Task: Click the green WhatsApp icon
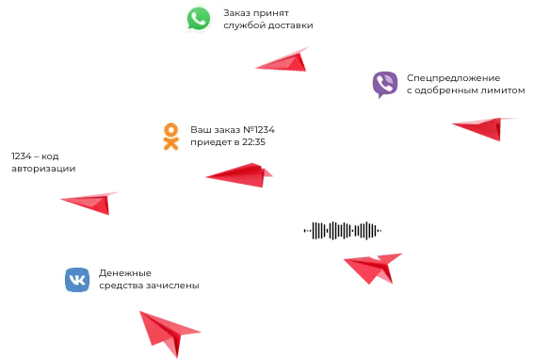[199, 19]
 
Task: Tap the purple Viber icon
[385, 84]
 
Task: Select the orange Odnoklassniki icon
[171, 137]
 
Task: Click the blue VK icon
[77, 280]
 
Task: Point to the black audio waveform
[342, 230]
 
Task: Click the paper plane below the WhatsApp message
[283, 60]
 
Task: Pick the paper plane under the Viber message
[484, 127]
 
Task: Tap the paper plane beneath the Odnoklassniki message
[239, 175]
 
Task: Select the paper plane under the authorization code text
[90, 202]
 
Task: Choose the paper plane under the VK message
[169, 332]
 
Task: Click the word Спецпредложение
[454, 78]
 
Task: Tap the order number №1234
[259, 130]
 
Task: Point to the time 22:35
[253, 142]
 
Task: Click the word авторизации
[43, 169]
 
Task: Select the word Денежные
[125, 273]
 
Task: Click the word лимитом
[503, 90]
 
